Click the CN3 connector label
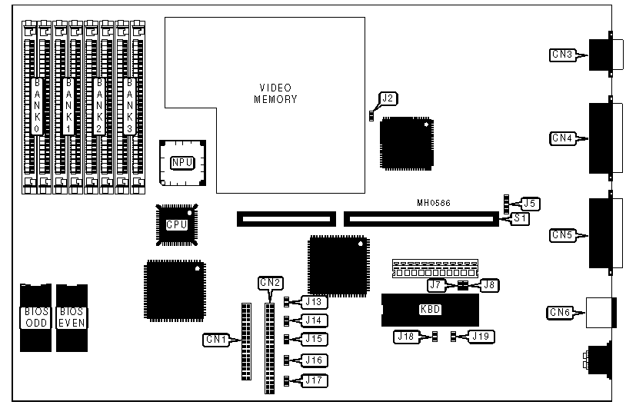(x=562, y=55)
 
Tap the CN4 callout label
(x=562, y=138)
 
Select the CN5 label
(x=562, y=236)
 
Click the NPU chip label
(x=181, y=162)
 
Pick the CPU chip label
(x=177, y=224)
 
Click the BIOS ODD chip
(x=34, y=317)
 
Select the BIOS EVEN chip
(x=72, y=317)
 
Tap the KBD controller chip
(x=431, y=310)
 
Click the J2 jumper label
(x=388, y=98)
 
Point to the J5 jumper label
(x=528, y=204)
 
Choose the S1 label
(x=521, y=219)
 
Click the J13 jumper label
(x=314, y=301)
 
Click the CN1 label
(x=215, y=338)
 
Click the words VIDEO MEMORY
(x=275, y=93)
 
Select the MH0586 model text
(x=433, y=204)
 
